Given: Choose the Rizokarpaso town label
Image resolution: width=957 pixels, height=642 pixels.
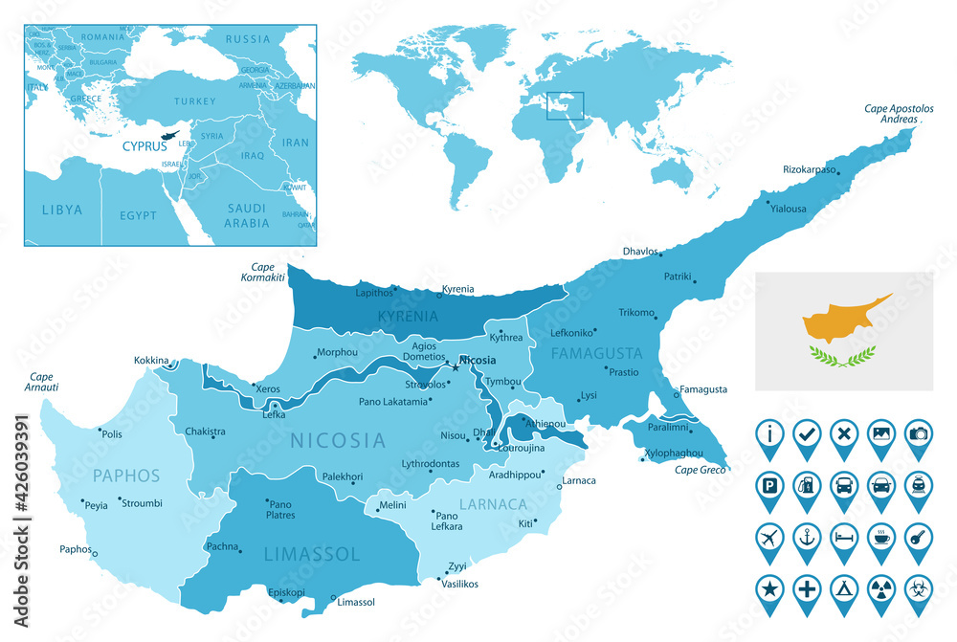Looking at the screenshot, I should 810,169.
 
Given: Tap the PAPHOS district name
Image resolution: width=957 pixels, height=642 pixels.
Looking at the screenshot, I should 126,476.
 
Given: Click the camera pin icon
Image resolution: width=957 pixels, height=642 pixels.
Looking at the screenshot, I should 918,433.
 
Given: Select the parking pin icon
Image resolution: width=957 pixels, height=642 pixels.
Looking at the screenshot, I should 768,484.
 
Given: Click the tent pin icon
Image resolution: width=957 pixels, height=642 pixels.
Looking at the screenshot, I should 843,587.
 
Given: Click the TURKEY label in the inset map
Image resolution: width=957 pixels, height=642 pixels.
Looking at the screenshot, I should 195,100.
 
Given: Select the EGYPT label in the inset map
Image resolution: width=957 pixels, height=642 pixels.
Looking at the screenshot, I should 138,215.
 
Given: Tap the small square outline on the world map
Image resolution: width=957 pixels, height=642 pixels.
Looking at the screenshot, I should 565,105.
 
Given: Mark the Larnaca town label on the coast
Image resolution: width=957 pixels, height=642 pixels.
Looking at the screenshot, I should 579,479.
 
